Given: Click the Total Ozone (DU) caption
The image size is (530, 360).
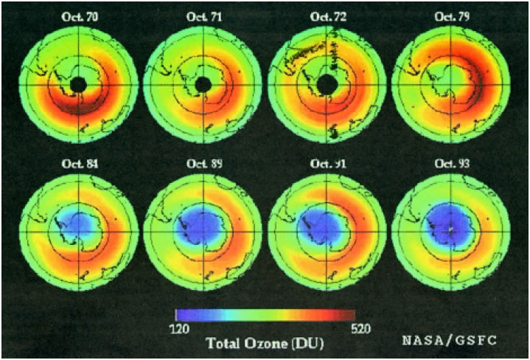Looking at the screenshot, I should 264,343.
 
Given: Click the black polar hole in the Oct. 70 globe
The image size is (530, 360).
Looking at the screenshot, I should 77,86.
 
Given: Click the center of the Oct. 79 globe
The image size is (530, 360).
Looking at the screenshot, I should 450,83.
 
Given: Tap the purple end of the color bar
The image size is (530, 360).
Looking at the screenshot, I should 181,316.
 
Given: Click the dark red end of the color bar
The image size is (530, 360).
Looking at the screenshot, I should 351,316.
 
